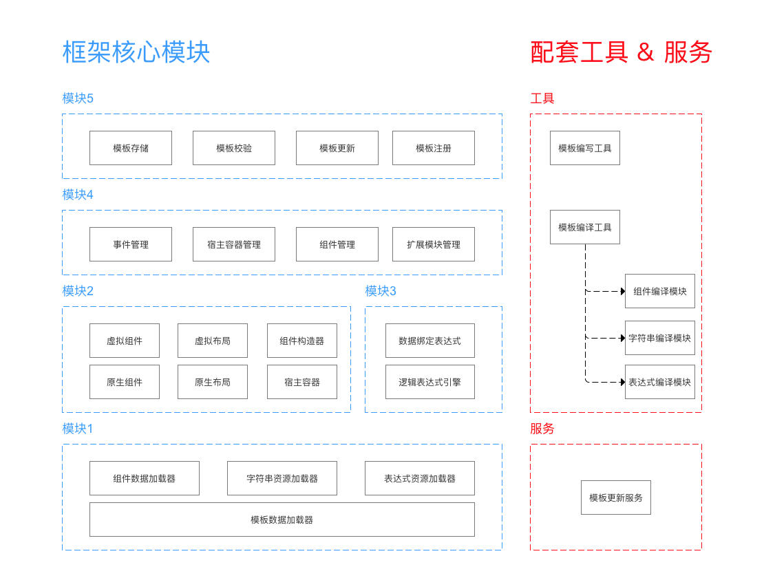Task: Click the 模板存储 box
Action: (x=131, y=148)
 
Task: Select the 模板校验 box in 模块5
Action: (x=234, y=148)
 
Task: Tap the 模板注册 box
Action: (x=434, y=148)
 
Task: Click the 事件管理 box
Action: (x=131, y=244)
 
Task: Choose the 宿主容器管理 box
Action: (x=234, y=244)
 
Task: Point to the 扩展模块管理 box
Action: (x=434, y=244)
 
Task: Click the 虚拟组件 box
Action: (x=125, y=341)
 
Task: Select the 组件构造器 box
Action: (x=302, y=341)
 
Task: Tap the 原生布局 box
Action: (x=213, y=382)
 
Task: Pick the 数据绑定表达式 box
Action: (x=430, y=341)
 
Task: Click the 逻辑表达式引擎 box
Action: (x=430, y=382)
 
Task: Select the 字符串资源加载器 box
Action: (x=282, y=478)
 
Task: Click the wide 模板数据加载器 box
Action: (x=282, y=520)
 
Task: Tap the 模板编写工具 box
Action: (x=585, y=148)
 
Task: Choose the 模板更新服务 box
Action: (x=616, y=497)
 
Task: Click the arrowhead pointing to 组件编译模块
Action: (x=622, y=291)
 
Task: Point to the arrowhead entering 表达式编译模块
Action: (x=622, y=382)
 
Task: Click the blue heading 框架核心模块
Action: (x=136, y=52)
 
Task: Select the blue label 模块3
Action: (x=381, y=291)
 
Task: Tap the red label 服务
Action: (x=542, y=429)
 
